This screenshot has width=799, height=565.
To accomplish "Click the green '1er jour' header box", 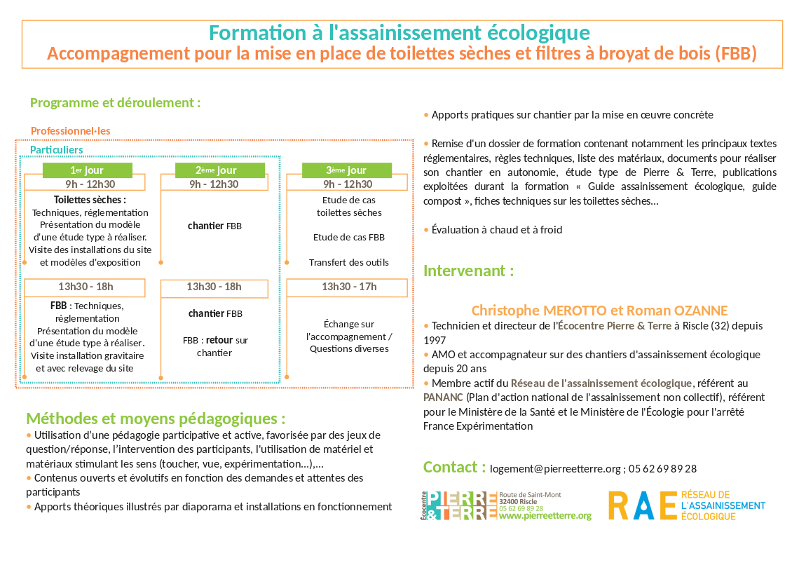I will point(87,170).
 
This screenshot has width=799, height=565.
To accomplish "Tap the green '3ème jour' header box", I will point(346,170).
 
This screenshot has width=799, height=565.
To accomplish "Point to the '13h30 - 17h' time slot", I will point(348,287).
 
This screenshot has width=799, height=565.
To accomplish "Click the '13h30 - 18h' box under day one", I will point(86,287).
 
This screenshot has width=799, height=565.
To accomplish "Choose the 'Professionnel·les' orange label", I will point(70,131).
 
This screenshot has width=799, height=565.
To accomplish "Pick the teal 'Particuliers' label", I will point(56,150).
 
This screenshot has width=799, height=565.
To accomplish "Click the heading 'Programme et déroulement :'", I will point(115,103).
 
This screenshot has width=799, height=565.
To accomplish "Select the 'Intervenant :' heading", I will point(468,271).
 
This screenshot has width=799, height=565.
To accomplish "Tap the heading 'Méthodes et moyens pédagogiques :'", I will point(156,419).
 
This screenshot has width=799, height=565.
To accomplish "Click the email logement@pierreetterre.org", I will point(556,469).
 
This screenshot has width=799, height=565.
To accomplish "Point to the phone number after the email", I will point(662,469).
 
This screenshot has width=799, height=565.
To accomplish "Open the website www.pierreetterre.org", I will point(545,516).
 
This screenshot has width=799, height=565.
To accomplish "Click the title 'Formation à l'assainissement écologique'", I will point(399,33).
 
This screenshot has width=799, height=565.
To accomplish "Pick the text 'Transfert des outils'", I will point(348,263).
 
